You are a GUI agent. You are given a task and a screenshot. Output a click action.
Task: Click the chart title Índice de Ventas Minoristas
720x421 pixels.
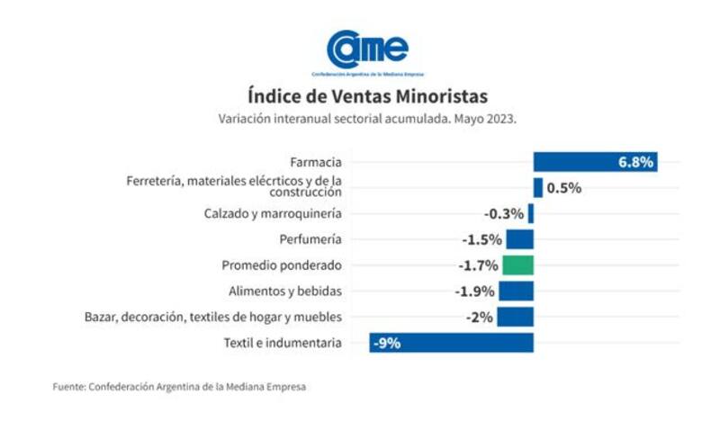tap(368, 96)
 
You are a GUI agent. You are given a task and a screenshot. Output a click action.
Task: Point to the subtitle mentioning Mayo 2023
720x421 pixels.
tap(367, 119)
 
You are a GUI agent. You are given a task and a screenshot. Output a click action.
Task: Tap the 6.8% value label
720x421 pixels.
tap(635, 162)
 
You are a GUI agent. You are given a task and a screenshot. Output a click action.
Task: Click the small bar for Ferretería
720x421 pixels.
tap(538, 188)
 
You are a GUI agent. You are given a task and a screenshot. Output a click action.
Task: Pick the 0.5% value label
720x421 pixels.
tap(564, 188)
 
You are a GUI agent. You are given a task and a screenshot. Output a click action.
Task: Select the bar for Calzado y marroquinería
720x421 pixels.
tap(531, 213)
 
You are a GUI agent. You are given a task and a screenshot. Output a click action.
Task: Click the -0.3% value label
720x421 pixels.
tap(503, 214)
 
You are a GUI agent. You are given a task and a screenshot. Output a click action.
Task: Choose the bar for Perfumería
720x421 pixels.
tap(519, 239)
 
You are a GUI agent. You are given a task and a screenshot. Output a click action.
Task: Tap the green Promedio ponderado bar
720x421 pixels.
tap(518, 265)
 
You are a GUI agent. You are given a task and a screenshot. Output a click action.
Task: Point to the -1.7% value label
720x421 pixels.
tap(478, 265)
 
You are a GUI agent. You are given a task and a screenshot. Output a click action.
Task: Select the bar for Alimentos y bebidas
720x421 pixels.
tap(517, 291)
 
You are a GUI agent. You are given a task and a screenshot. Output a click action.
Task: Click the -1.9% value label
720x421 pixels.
tap(474, 291)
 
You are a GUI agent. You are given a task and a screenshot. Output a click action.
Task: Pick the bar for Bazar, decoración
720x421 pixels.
tap(516, 317)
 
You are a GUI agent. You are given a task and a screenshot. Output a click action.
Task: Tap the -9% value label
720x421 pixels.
tap(389, 343)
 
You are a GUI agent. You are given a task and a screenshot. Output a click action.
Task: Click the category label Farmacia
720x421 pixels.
tap(316, 163)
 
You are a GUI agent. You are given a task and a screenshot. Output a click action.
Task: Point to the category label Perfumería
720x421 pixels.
tap(311, 240)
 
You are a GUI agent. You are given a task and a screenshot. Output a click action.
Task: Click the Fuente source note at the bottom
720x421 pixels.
tap(179, 387)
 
